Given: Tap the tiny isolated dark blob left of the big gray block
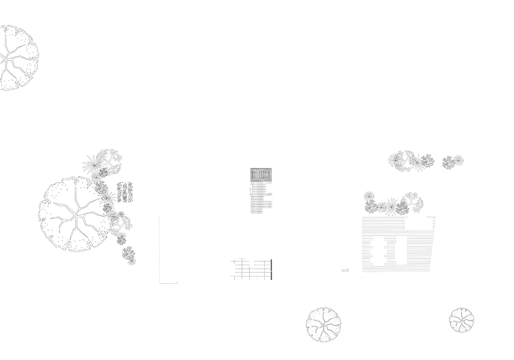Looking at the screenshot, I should tap(345, 270).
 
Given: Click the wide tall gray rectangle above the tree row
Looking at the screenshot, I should tap(403, 130).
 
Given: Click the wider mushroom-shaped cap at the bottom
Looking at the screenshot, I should tap(322, 315).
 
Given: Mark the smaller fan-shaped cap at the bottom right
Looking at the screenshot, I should tap(466, 314).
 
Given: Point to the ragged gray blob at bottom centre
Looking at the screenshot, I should tap(252, 269).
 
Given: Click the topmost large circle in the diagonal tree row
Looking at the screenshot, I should tap(93, 164).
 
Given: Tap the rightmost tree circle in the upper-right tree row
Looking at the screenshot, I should tap(458, 160).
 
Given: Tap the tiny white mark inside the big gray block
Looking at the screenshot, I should tap(415, 253).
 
